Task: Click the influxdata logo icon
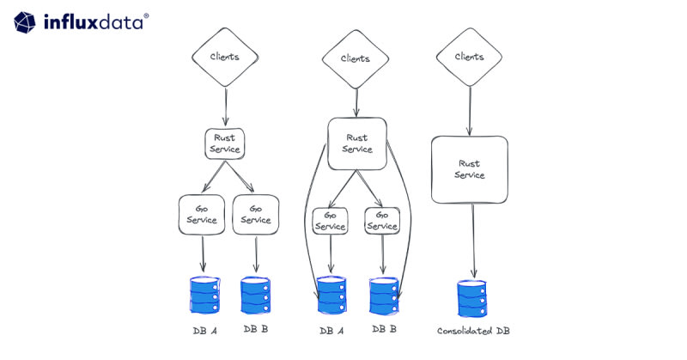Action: pyautogui.click(x=25, y=21)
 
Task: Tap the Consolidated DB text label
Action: pyautogui.click(x=473, y=331)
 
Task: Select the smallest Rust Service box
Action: pyautogui.click(x=226, y=143)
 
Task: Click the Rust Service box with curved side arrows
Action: pyautogui.click(x=356, y=143)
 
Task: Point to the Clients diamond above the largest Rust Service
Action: pyautogui.click(x=469, y=58)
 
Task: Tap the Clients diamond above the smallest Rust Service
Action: pyautogui.click(x=225, y=58)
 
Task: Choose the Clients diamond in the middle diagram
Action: pyautogui.click(x=356, y=59)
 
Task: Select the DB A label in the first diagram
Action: pyautogui.click(x=204, y=330)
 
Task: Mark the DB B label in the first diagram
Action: pyautogui.click(x=256, y=329)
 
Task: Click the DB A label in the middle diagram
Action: pyautogui.click(x=332, y=330)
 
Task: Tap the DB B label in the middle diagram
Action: pyautogui.click(x=384, y=329)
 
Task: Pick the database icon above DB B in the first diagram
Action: pyautogui.click(x=256, y=296)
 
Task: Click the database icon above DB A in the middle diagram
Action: pyautogui.click(x=331, y=296)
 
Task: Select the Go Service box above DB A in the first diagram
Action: pyautogui.click(x=203, y=214)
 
